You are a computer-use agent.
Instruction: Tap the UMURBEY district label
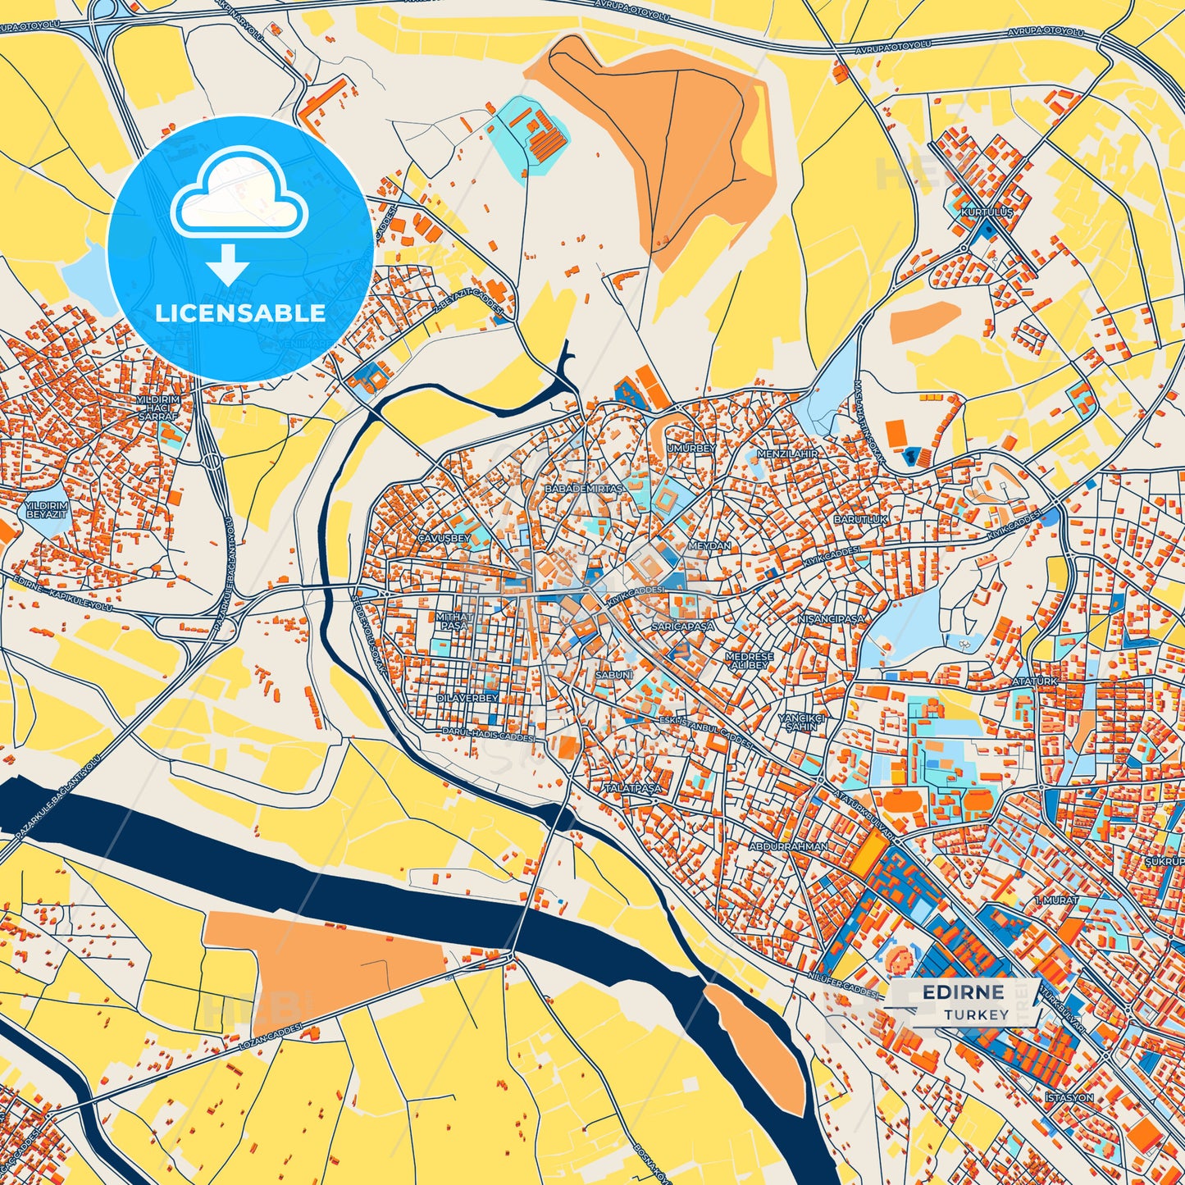pos(690,449)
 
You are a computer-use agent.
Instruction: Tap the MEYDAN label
pos(709,545)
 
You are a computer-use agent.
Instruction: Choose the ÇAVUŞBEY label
pos(444,538)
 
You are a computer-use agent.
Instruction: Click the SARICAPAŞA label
pos(682,626)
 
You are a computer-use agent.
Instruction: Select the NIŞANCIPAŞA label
pos(831,619)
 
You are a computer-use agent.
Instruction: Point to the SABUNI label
pos(613,674)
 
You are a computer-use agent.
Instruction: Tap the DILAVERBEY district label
pos(467,698)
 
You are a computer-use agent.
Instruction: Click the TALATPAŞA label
pos(632,788)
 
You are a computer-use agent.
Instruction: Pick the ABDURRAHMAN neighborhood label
pos(788,845)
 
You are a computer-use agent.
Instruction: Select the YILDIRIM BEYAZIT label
pos(46,511)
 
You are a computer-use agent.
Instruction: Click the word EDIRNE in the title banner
pos(963,992)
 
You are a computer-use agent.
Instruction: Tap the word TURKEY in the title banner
pos(976,1014)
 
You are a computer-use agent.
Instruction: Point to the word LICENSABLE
pos(240,312)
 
